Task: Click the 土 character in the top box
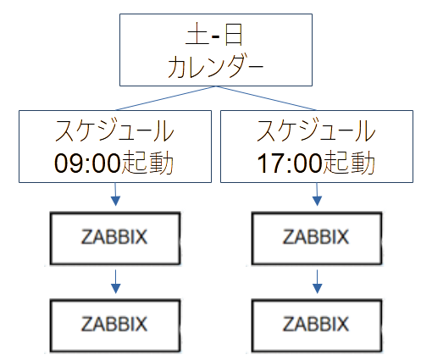pyautogui.click(x=195, y=37)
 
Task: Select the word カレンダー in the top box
pyautogui.click(x=215, y=67)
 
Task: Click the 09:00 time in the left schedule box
pyautogui.click(x=87, y=161)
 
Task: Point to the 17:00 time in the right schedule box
pyautogui.click(x=287, y=161)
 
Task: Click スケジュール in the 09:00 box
pyautogui.click(x=114, y=131)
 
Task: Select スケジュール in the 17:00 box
pyautogui.click(x=315, y=131)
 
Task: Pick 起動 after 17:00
pyautogui.click(x=347, y=161)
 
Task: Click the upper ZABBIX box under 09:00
pyautogui.click(x=114, y=237)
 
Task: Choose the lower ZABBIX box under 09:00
pyautogui.click(x=114, y=324)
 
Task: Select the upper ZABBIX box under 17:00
pyautogui.click(x=315, y=237)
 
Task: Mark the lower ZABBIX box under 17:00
pyautogui.click(x=315, y=324)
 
